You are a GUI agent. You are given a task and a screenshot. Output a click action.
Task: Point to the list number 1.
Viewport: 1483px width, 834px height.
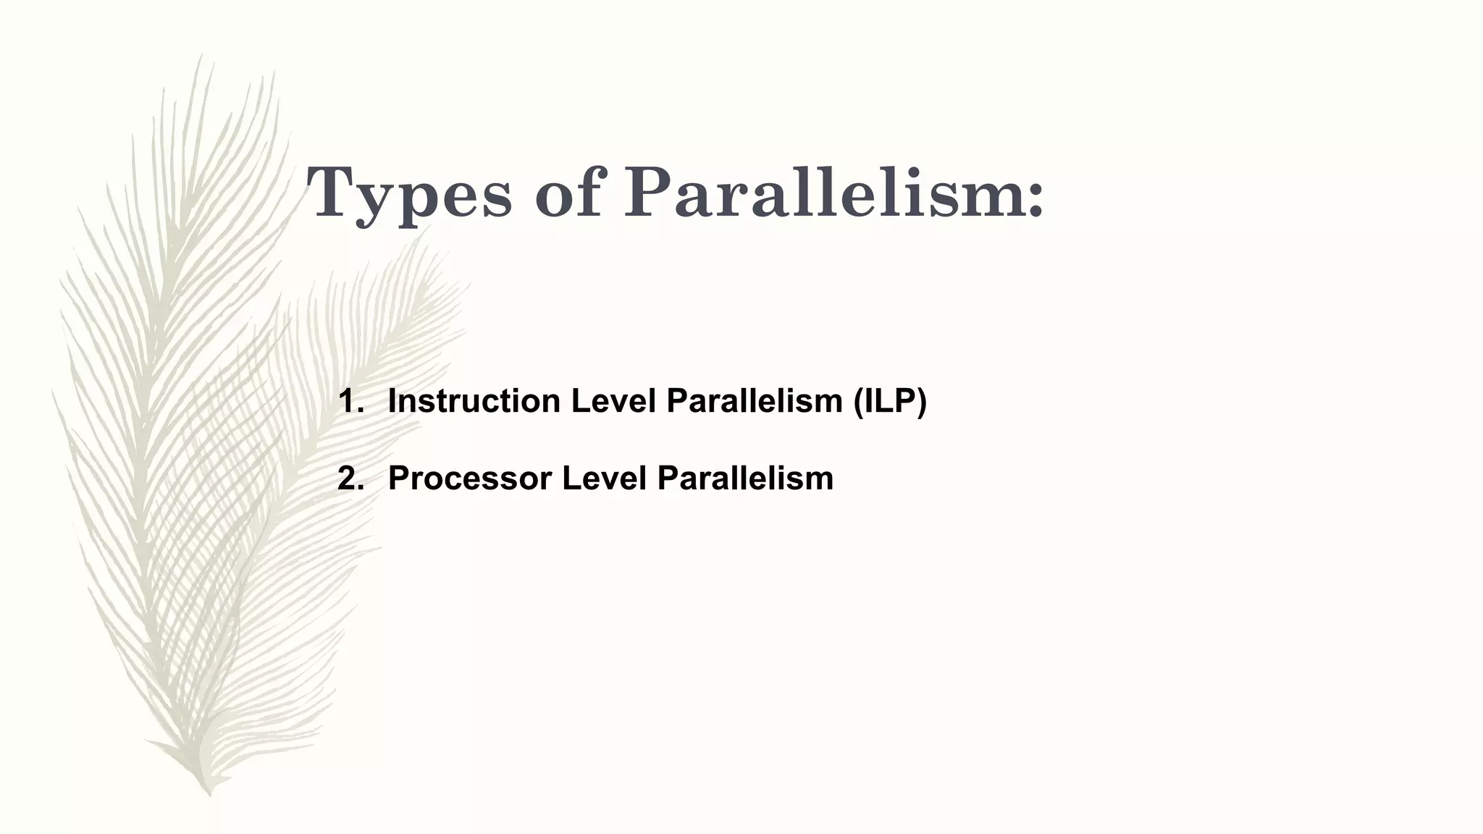click(350, 402)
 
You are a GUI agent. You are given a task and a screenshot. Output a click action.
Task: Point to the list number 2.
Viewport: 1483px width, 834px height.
click(350, 479)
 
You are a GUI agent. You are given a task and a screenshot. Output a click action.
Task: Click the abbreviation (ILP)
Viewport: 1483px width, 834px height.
click(889, 402)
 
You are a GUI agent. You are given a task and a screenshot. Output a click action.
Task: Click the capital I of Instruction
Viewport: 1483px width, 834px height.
click(392, 402)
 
